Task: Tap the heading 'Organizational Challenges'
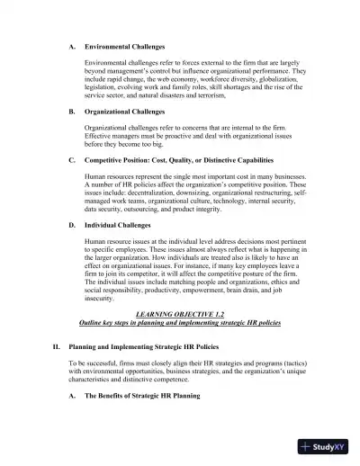point(124,112)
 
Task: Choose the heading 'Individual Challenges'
point(117,226)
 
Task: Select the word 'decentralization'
point(136,193)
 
